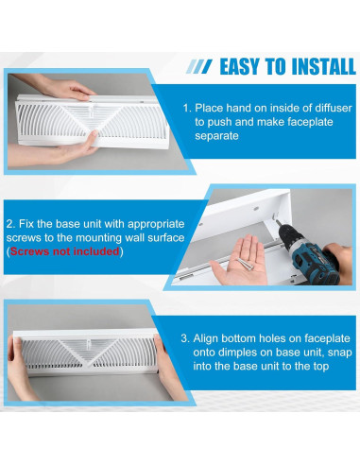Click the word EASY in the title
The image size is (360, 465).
pyautogui.click(x=245, y=66)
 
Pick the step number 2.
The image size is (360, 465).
pyautogui.click(x=9, y=226)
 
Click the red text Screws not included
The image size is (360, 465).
pyautogui.click(x=65, y=252)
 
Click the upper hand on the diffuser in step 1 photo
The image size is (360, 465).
pyautogui.click(x=66, y=91)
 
